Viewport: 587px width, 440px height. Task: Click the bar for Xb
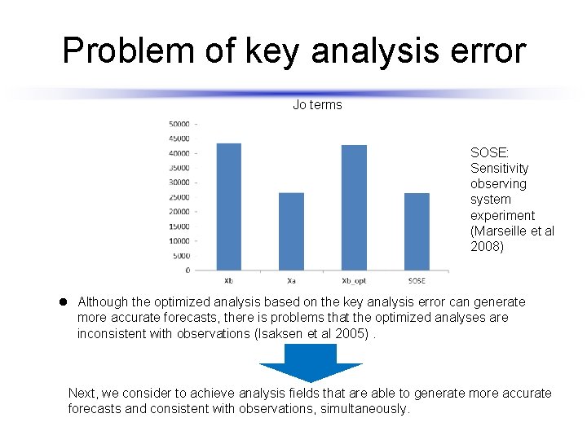(228, 207)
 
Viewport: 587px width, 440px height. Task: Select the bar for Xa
(291, 231)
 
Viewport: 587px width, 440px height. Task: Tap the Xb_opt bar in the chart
(354, 208)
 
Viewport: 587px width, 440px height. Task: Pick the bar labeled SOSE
(417, 231)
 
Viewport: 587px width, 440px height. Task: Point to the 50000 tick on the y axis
(179, 124)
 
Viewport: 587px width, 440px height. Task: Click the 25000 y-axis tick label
(179, 197)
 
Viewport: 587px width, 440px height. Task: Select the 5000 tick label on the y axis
(181, 255)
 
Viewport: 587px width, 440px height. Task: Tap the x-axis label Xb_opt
(354, 280)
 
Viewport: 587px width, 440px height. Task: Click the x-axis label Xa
(291, 280)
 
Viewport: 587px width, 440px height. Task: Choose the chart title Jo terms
(317, 105)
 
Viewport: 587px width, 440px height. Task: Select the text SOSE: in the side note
(488, 152)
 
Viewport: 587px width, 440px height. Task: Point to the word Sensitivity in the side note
(499, 168)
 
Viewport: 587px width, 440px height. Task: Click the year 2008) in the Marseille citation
(488, 246)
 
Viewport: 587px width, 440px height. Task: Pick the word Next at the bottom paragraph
(82, 393)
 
